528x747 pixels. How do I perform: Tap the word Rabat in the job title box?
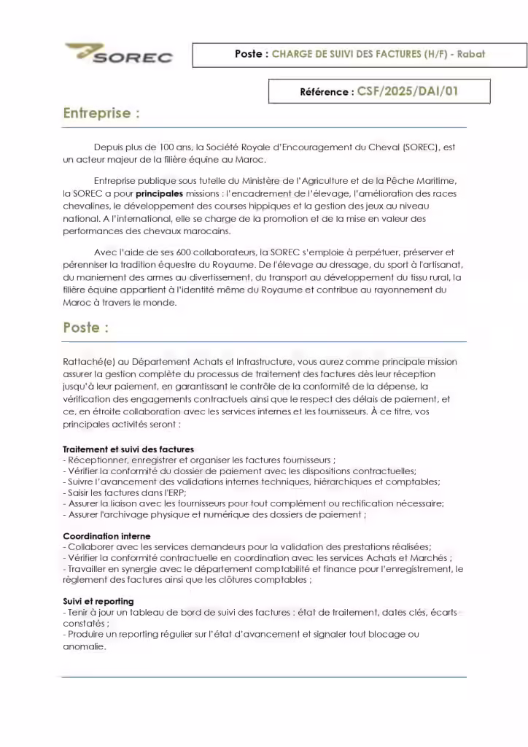coord(470,54)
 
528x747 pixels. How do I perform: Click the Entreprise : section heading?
coord(101,114)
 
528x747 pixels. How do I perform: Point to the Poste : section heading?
coord(85,328)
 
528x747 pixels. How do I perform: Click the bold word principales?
coord(159,193)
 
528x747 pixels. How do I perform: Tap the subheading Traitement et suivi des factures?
coord(128,449)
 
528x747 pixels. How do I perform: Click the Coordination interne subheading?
coord(106,536)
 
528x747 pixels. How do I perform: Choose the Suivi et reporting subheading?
coord(98,601)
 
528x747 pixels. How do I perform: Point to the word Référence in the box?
coord(324,92)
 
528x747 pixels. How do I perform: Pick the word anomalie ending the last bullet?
coord(84,646)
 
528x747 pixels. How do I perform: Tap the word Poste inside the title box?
coord(248,54)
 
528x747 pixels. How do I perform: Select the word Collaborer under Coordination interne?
coord(92,547)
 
